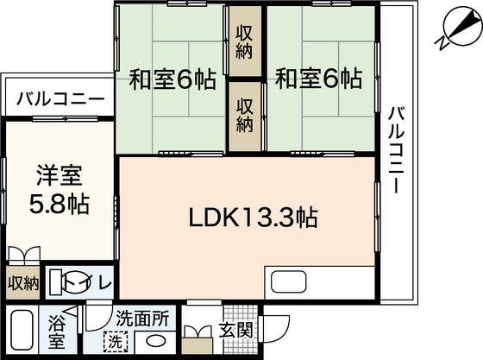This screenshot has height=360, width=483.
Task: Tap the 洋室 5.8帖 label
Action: (58, 193)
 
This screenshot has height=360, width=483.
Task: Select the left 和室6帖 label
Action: (172, 79)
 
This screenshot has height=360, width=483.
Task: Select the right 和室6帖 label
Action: (318, 79)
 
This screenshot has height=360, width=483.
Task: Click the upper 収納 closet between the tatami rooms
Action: (246, 41)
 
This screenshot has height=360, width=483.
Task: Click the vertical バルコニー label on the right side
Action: (396, 150)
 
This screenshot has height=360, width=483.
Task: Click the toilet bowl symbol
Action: (62, 282)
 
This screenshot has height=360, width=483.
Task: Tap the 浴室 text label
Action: (56, 333)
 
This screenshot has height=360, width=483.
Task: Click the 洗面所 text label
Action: (144, 317)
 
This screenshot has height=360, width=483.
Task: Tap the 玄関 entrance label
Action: (235, 331)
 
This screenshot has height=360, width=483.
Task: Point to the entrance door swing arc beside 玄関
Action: (274, 332)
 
